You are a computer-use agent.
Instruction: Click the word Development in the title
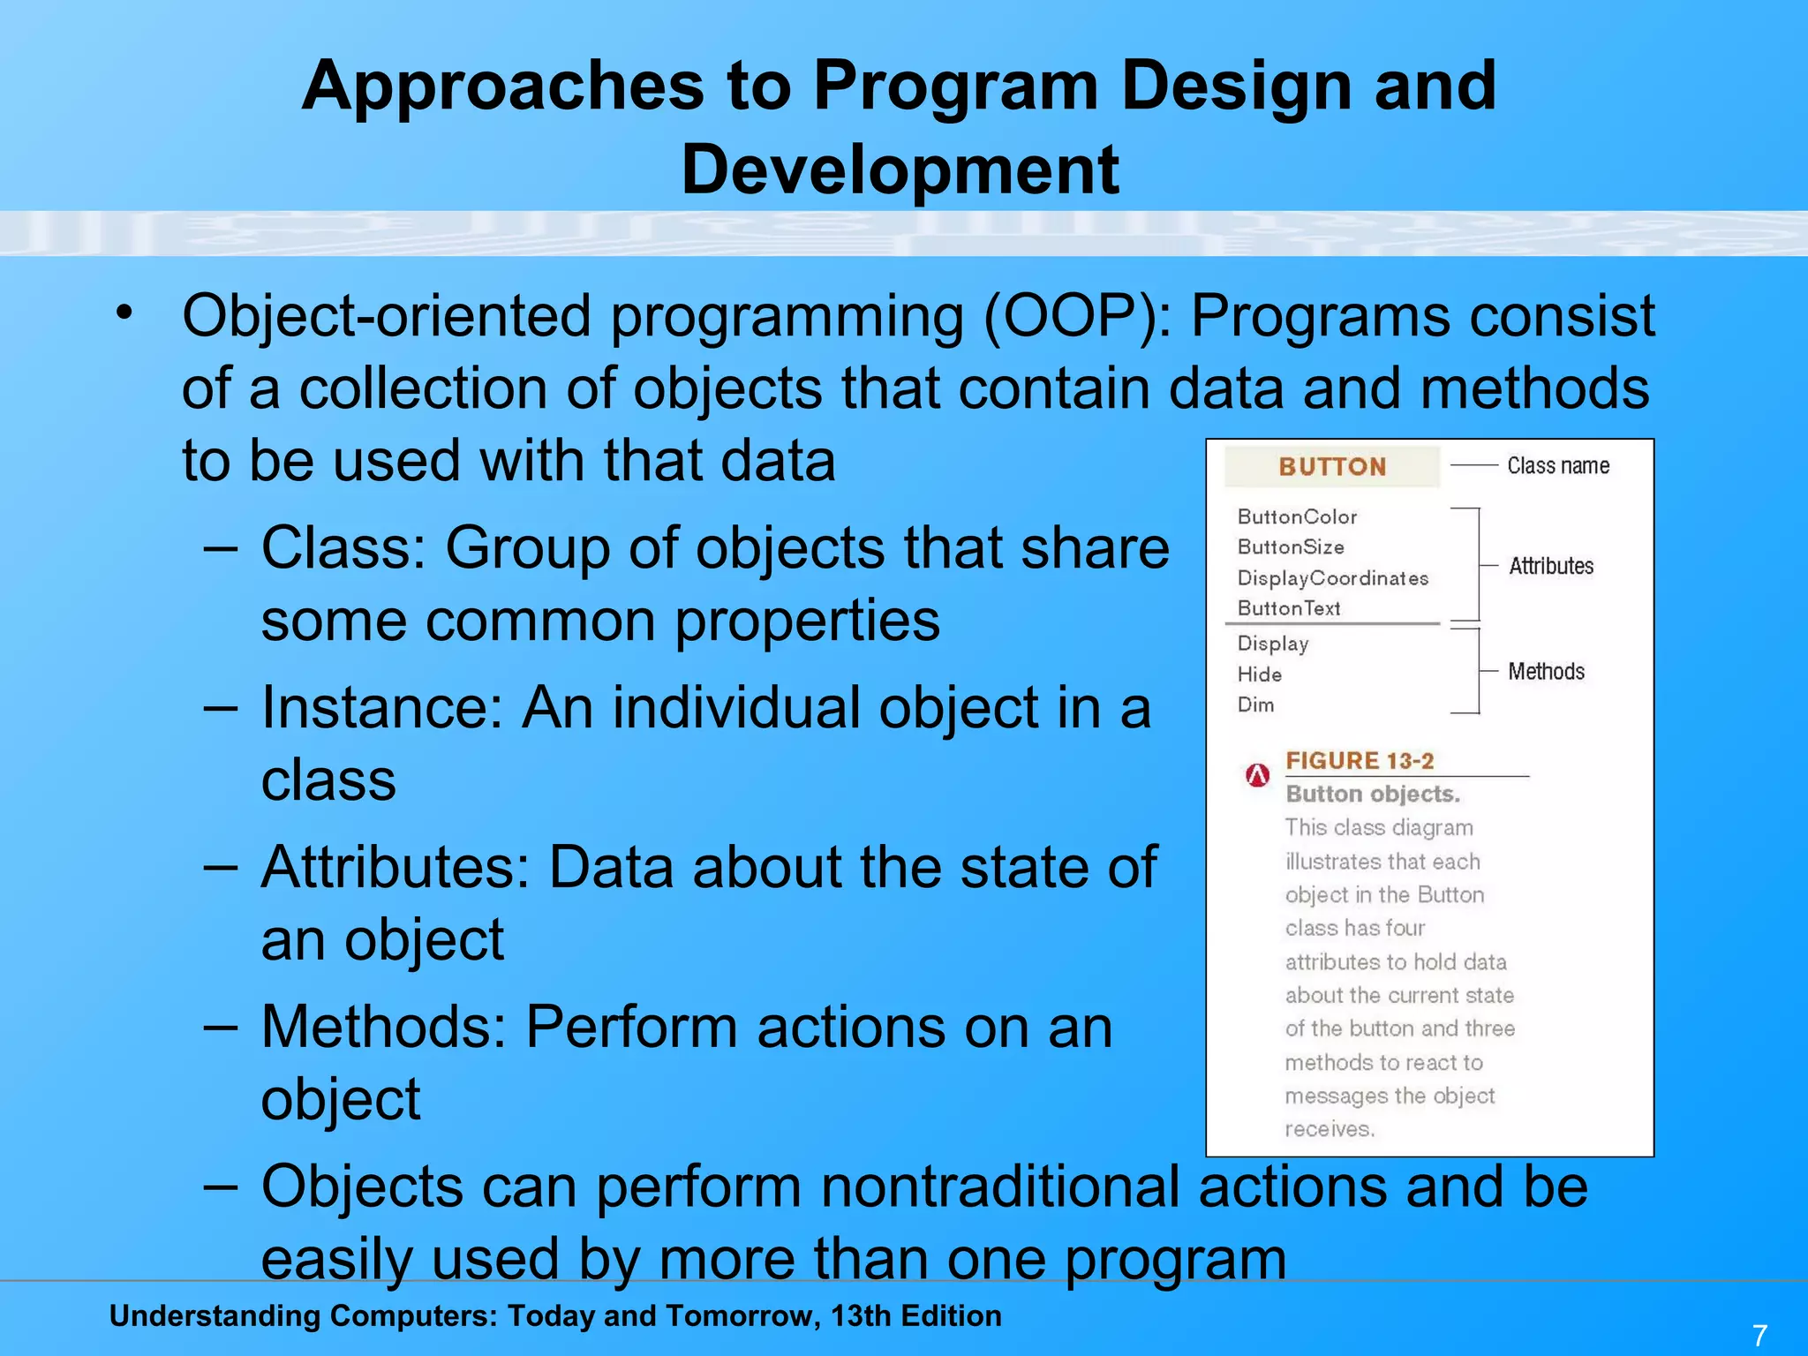[900, 169]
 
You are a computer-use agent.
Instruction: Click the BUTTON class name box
[1331, 466]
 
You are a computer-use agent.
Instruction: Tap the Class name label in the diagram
[1557, 465]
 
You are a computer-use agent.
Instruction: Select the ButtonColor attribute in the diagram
[1296, 516]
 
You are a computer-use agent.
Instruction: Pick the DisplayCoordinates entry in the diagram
[1332, 578]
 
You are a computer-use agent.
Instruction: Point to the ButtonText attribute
[1288, 608]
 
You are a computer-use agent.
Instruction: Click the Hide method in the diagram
[1259, 674]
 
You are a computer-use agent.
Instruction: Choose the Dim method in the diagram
[1255, 704]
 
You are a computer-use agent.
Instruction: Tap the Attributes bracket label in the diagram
[1550, 566]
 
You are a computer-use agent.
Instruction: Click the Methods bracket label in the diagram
[1546, 672]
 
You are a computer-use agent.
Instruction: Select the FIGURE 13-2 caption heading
[1359, 760]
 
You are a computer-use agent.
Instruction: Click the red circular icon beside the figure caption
[1257, 775]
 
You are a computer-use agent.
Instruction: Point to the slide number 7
[1759, 1335]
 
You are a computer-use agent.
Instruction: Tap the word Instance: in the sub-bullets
[381, 708]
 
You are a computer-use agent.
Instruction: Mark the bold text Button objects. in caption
[1372, 794]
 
